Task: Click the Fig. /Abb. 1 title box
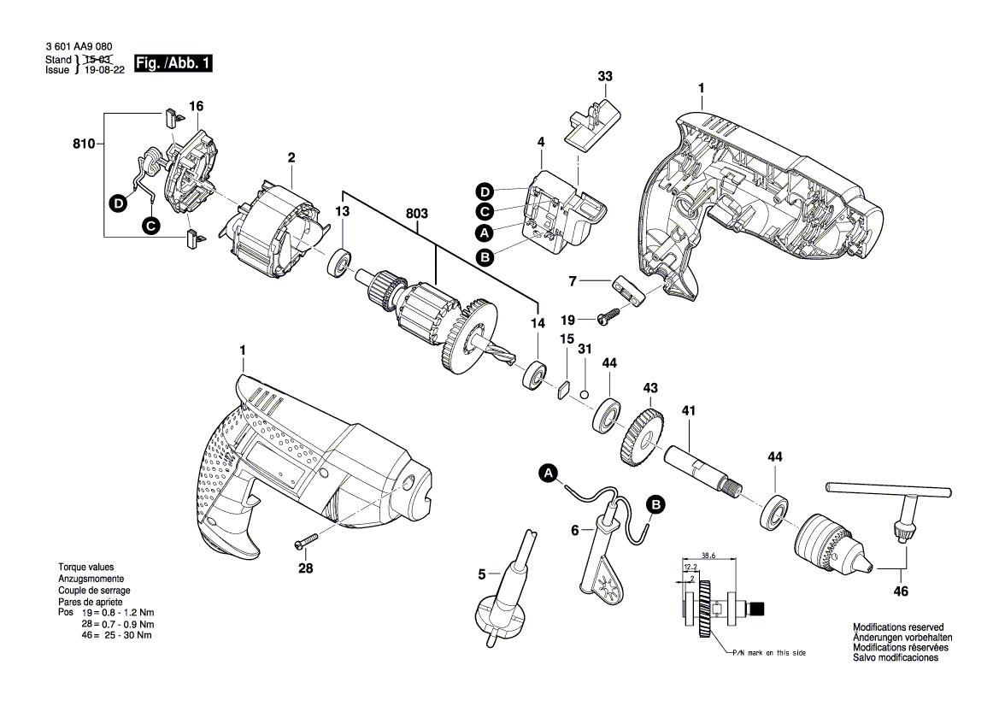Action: pyautogui.click(x=172, y=64)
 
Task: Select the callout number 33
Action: pyautogui.click(x=605, y=76)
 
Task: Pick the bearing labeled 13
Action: pyautogui.click(x=341, y=262)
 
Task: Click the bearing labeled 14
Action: pyautogui.click(x=536, y=375)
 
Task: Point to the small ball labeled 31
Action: pyautogui.click(x=584, y=393)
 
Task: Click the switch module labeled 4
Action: pyautogui.click(x=559, y=214)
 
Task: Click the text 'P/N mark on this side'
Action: pyautogui.click(x=767, y=652)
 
